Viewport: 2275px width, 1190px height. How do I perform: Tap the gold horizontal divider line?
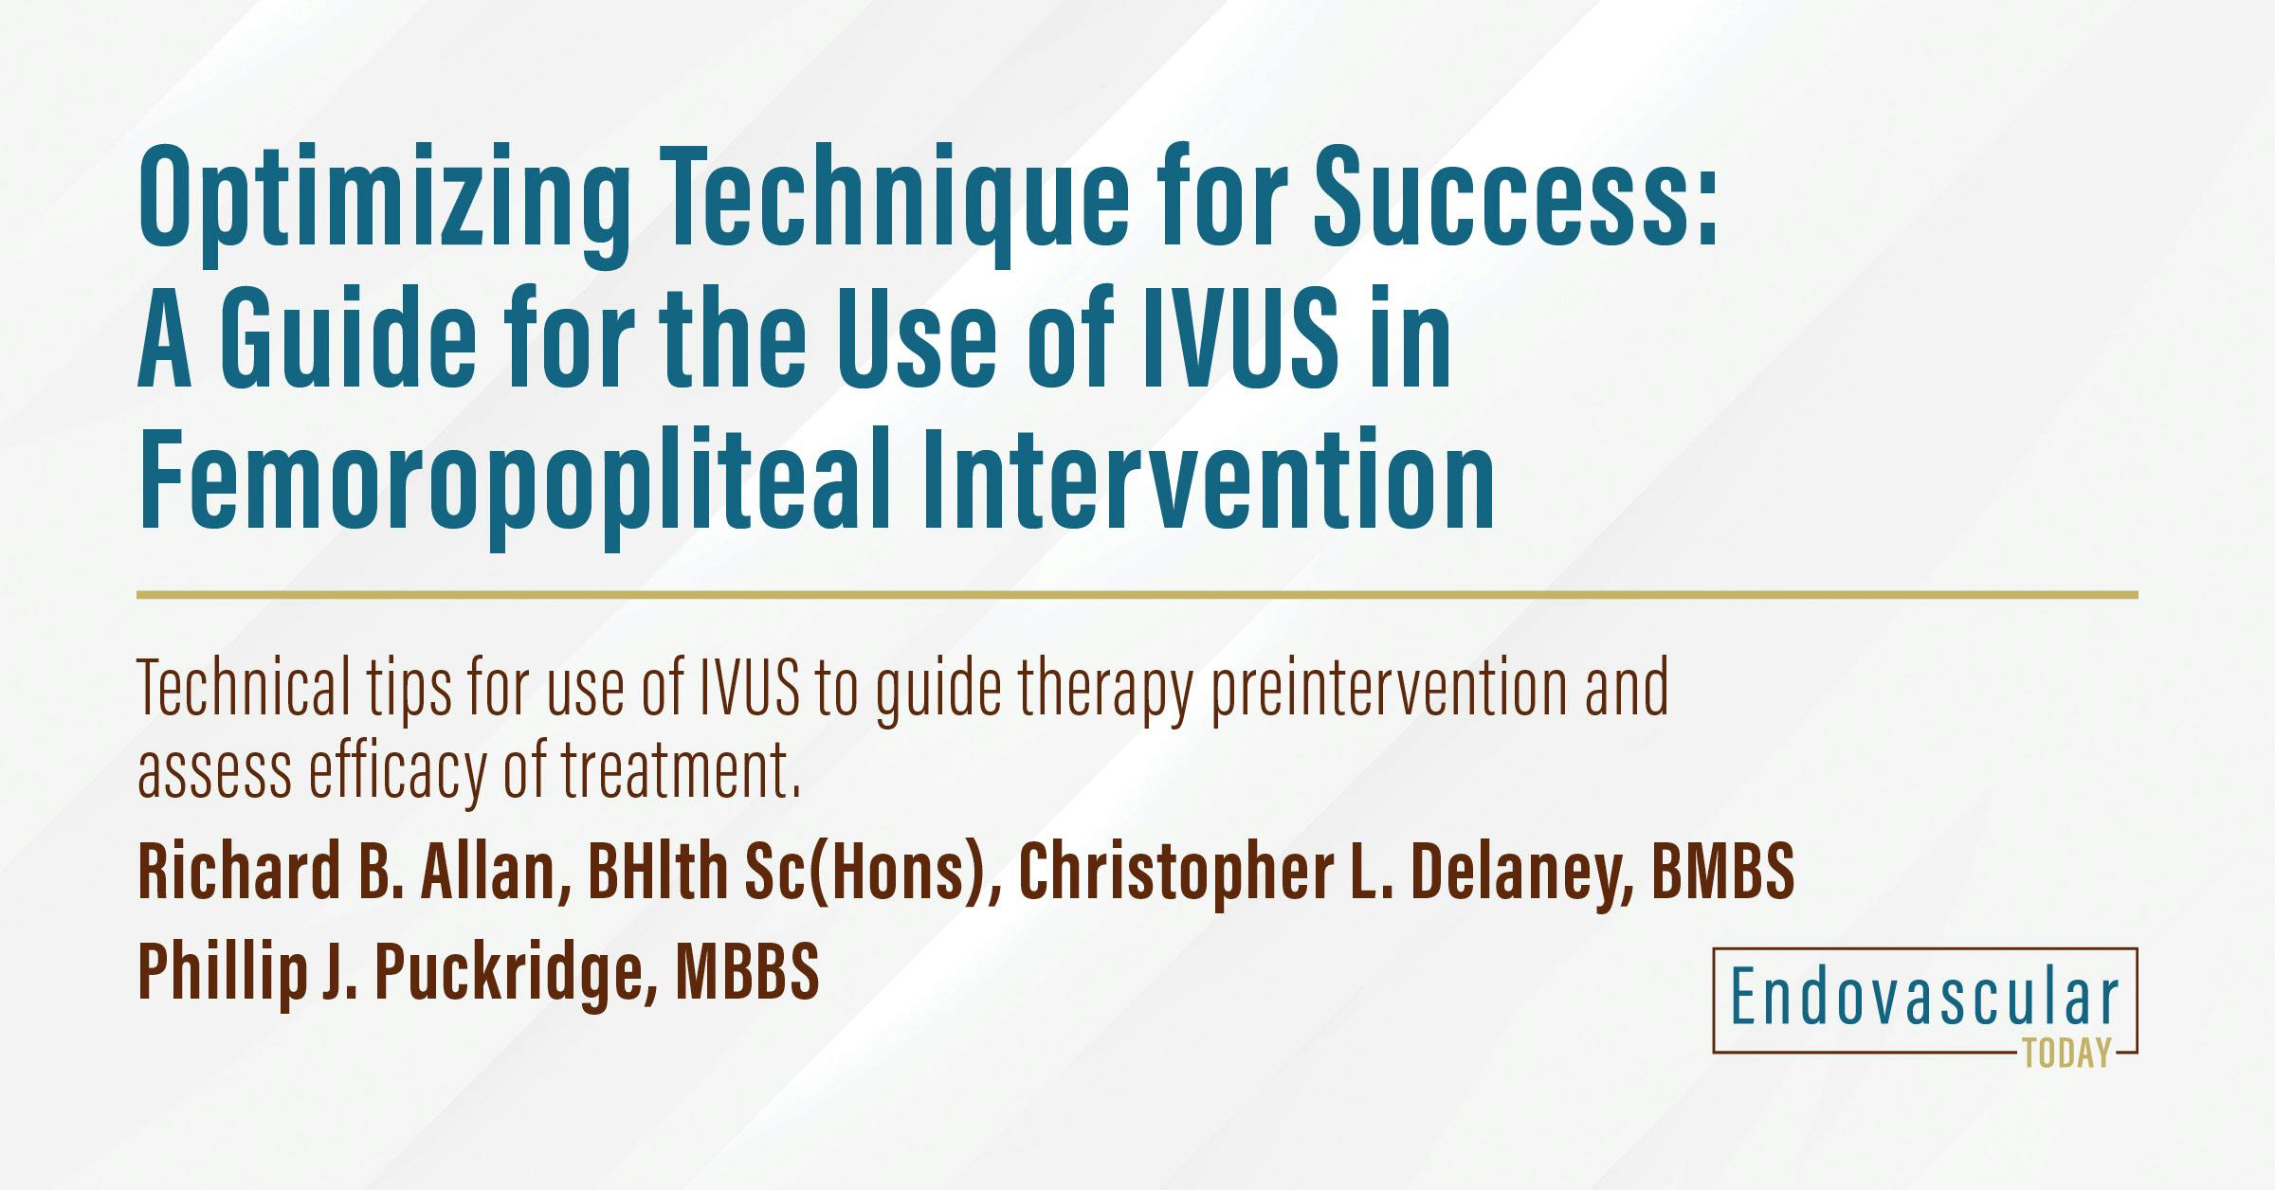[1137, 595]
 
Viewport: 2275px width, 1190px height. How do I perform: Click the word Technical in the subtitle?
[244, 687]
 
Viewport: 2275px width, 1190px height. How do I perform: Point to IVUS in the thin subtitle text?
[749, 687]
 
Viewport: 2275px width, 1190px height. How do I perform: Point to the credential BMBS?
[1722, 871]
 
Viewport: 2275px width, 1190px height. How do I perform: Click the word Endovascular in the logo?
[1925, 998]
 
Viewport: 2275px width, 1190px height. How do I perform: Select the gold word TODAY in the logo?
[2067, 1053]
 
